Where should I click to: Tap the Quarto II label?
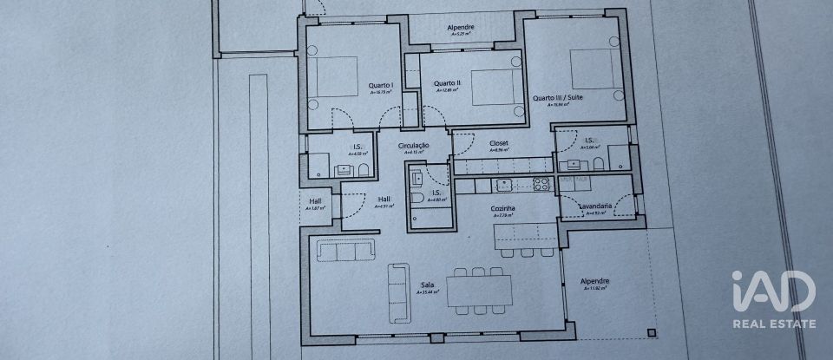(447, 83)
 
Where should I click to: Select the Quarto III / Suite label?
(558, 98)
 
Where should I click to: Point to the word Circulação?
(414, 146)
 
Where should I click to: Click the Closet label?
(498, 142)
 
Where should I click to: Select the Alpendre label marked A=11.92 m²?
(594, 281)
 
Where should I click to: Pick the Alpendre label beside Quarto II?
(460, 27)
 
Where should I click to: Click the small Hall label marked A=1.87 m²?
(316, 201)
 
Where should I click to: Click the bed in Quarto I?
(336, 77)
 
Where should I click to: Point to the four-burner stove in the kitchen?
(541, 184)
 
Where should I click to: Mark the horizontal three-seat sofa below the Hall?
(346, 250)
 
